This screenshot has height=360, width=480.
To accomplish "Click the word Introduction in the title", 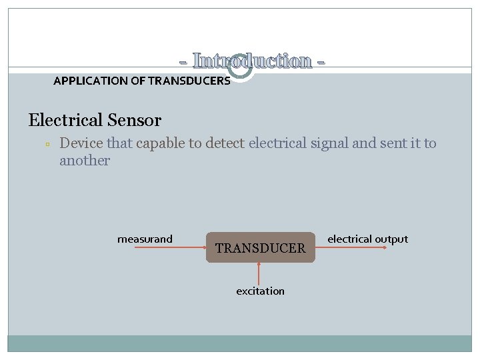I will click(252, 61).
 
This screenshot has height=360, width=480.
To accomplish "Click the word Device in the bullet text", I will click(81, 143).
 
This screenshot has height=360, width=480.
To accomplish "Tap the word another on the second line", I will click(85, 161).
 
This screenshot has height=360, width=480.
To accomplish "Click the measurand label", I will click(145, 239).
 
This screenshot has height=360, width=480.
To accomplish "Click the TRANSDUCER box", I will click(260, 248).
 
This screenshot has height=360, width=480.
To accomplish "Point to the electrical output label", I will click(367, 239).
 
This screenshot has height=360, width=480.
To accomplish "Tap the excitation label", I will click(260, 291).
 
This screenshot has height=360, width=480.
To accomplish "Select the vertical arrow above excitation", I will click(259, 273).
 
